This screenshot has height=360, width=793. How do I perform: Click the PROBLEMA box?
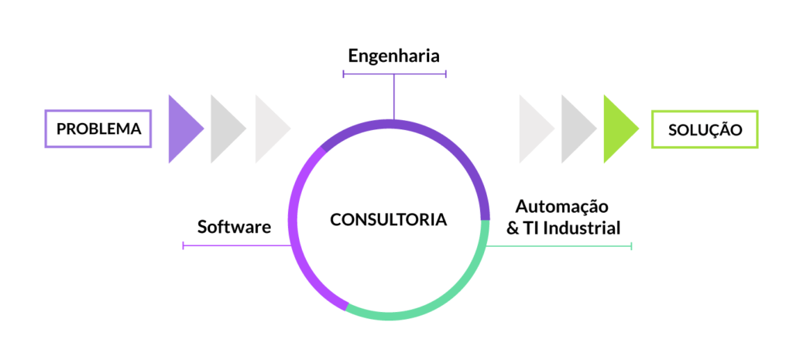point(98,129)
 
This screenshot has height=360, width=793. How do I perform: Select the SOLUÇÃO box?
point(705,129)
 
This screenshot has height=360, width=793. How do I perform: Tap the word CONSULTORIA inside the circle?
point(388,220)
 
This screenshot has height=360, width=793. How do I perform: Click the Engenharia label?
point(393,56)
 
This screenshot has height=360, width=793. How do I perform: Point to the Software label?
point(234,227)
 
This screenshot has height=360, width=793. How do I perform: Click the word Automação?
point(562,207)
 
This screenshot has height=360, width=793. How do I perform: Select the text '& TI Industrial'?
point(563,228)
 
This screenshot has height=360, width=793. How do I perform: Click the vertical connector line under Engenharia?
point(394,97)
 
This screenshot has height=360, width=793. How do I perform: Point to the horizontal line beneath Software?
point(232,245)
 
